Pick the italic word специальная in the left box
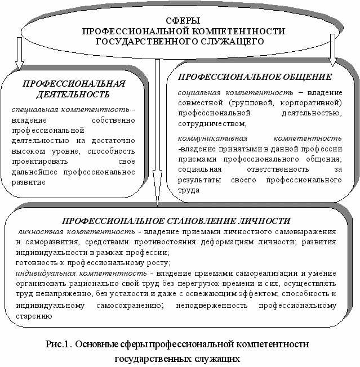click(35, 110)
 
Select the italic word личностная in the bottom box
click(41, 232)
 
